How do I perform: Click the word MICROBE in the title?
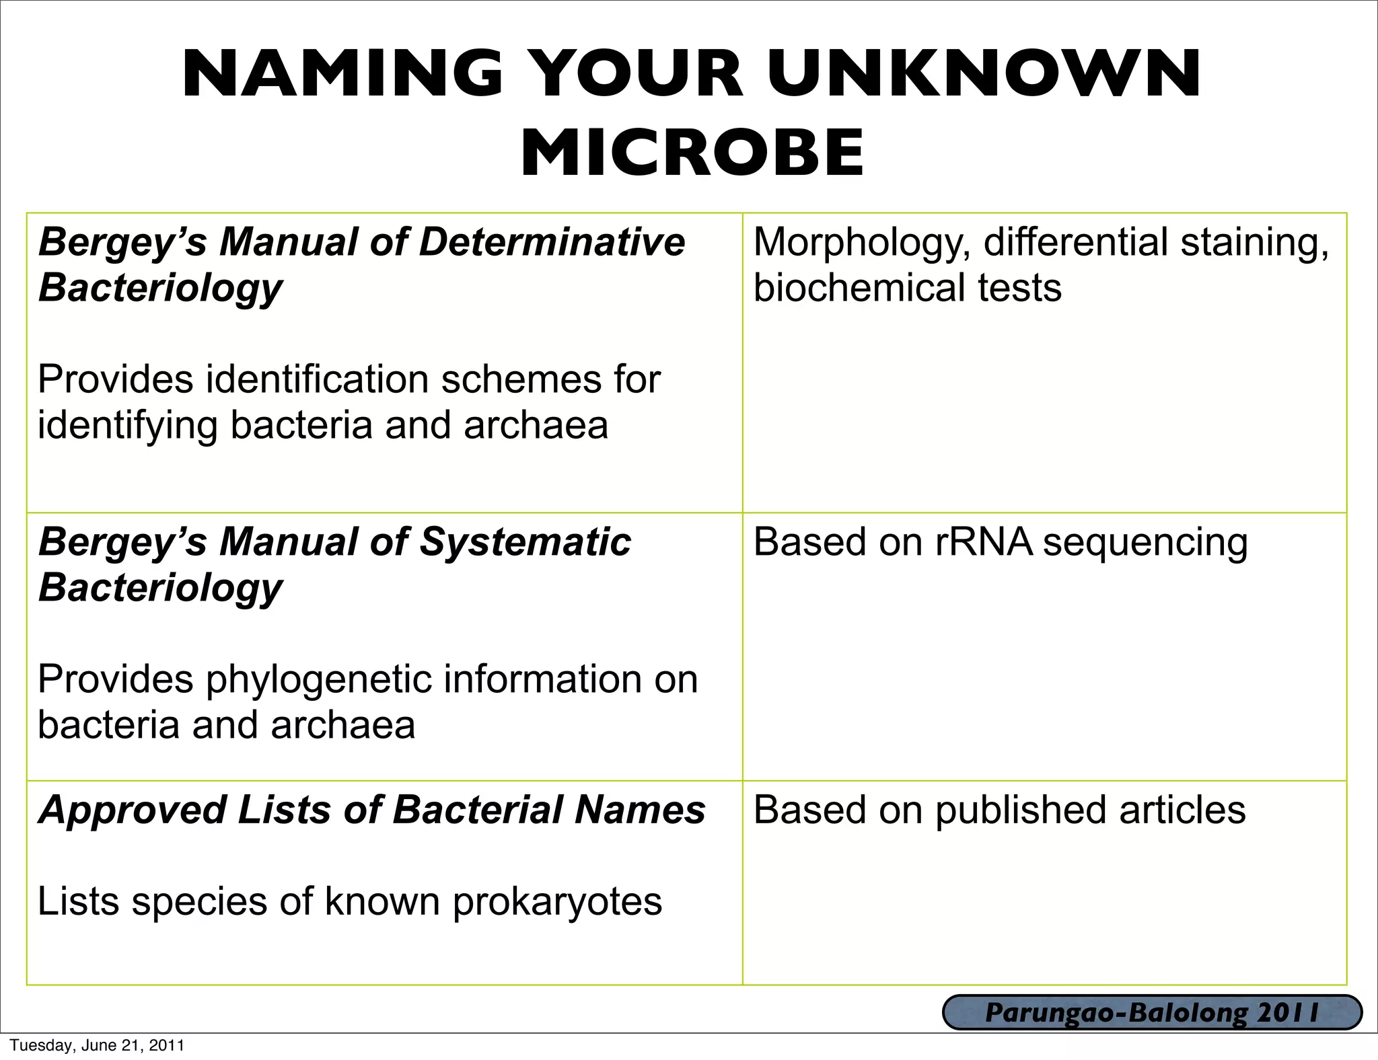[692, 153]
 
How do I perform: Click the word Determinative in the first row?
[552, 241]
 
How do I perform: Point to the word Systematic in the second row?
[525, 541]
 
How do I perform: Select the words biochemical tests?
[907, 287]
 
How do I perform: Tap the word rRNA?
[984, 541]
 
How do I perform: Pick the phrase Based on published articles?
[999, 809]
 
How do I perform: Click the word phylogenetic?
[318, 679]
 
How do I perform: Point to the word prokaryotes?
[557, 902]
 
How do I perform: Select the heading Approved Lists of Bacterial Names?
[372, 809]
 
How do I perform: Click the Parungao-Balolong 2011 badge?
[1152, 1013]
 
